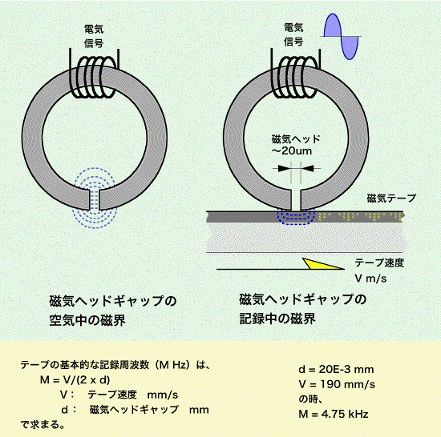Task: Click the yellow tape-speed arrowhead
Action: pyautogui.click(x=320, y=264)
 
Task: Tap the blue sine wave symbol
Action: pyautogui.click(x=341, y=36)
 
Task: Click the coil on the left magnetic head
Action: pyautogui.click(x=94, y=78)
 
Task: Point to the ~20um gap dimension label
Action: pyautogui.click(x=292, y=151)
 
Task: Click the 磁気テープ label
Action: pyautogui.click(x=391, y=198)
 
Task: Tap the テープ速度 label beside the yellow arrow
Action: pyautogui.click(x=379, y=263)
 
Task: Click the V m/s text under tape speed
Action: pyautogui.click(x=370, y=279)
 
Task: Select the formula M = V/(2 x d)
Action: pyautogui.click(x=75, y=380)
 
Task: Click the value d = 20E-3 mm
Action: pyautogui.click(x=336, y=369)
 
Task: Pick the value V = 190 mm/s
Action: pyautogui.click(x=337, y=384)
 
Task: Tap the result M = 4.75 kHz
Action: pyautogui.click(x=334, y=414)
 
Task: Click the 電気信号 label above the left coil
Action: pyautogui.click(x=94, y=36)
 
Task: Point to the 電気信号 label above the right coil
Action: pyautogui.click(x=293, y=35)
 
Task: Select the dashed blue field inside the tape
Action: pyautogui.click(x=296, y=217)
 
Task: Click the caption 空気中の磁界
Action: pyautogui.click(x=87, y=320)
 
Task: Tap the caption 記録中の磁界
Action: pyautogui.click(x=277, y=319)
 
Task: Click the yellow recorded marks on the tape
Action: pyautogui.click(x=361, y=216)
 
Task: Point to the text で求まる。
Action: pyautogui.click(x=42, y=424)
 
